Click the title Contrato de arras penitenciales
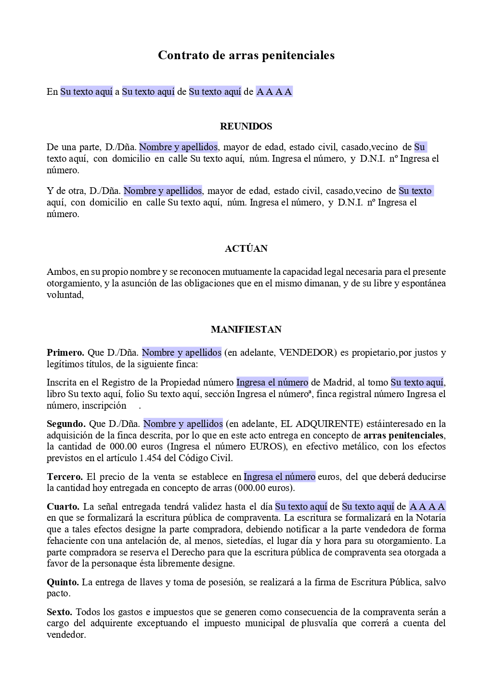coord(246,55)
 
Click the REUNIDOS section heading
coord(246,127)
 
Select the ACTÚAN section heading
coord(246,249)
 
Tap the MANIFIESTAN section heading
coord(246,330)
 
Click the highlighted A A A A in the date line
coord(274,92)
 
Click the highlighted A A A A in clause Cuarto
coord(427,507)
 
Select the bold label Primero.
coord(65,353)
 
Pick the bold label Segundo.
coord(66,424)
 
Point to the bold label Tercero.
coord(65,477)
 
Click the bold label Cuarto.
coord(63,507)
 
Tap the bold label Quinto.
coord(63,582)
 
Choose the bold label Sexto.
coord(59,612)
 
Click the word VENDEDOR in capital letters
coord(307,353)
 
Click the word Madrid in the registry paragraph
coord(337,383)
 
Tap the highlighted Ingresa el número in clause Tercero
coord(280,477)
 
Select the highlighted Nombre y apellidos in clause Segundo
coord(183,424)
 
